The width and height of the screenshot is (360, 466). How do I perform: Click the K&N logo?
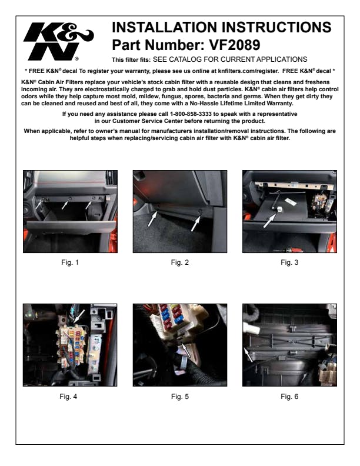tap(58, 41)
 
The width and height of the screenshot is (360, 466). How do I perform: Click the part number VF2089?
tap(235, 45)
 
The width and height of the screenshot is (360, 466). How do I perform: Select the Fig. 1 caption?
tap(70, 262)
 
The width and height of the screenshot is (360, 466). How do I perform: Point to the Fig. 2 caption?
tap(179, 262)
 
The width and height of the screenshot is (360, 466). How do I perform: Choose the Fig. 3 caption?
tap(289, 262)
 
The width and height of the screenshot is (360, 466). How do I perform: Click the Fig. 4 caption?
tap(68, 397)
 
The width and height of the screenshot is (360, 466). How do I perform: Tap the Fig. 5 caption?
tap(180, 397)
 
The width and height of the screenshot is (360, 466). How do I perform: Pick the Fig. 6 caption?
tap(289, 397)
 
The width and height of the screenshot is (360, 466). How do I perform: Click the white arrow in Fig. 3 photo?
tap(269, 221)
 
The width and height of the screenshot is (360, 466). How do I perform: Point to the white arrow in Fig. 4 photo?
tap(79, 316)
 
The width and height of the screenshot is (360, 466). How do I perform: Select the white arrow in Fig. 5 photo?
tap(186, 350)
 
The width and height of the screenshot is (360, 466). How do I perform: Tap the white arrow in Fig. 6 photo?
tap(248, 355)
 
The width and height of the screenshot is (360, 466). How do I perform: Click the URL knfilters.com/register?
tap(248, 71)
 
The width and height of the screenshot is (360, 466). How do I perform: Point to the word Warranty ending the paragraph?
tap(279, 104)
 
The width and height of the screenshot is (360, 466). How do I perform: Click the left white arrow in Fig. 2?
tap(153, 219)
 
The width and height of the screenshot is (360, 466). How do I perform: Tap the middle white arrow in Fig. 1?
tap(65, 205)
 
